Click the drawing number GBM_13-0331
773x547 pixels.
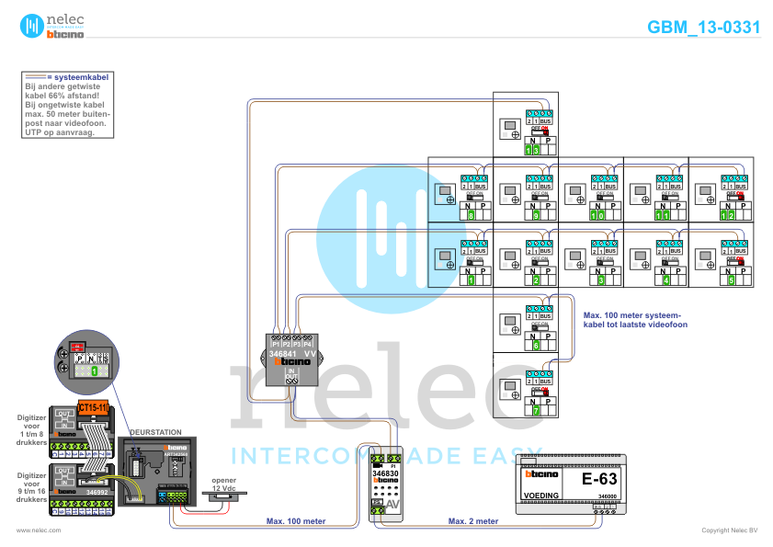point(703,27)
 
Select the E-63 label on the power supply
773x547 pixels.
point(599,479)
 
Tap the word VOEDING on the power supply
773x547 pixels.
point(540,496)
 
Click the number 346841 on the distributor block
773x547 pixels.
point(282,353)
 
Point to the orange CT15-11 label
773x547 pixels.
point(94,406)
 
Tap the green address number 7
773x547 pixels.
point(535,409)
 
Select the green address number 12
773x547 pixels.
point(732,214)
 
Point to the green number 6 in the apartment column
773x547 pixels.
point(535,346)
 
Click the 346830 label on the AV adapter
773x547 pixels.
point(386,470)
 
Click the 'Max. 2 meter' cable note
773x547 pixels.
point(473,521)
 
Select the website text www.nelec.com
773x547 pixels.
point(40,530)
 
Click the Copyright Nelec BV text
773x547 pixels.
point(729,530)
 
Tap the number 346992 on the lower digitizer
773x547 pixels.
point(98,492)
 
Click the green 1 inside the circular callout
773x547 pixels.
point(93,372)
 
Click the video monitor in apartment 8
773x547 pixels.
point(443,194)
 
